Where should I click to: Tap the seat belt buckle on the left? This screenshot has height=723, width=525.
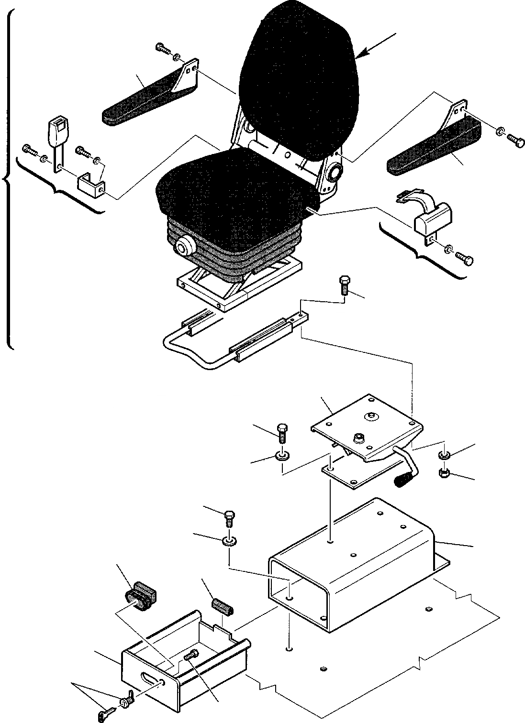click(56, 128)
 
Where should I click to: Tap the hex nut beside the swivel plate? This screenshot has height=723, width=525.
click(443, 473)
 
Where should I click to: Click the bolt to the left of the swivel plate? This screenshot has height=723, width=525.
click(281, 432)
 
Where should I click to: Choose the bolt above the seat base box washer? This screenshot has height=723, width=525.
click(230, 518)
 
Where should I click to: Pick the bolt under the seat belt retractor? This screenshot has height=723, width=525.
click(467, 259)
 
